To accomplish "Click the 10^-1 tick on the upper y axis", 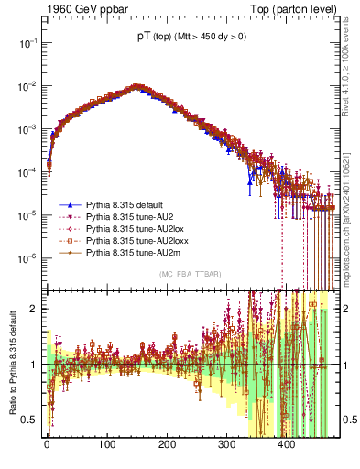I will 29,42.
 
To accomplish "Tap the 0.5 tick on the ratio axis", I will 31,420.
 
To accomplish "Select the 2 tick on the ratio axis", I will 35,309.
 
